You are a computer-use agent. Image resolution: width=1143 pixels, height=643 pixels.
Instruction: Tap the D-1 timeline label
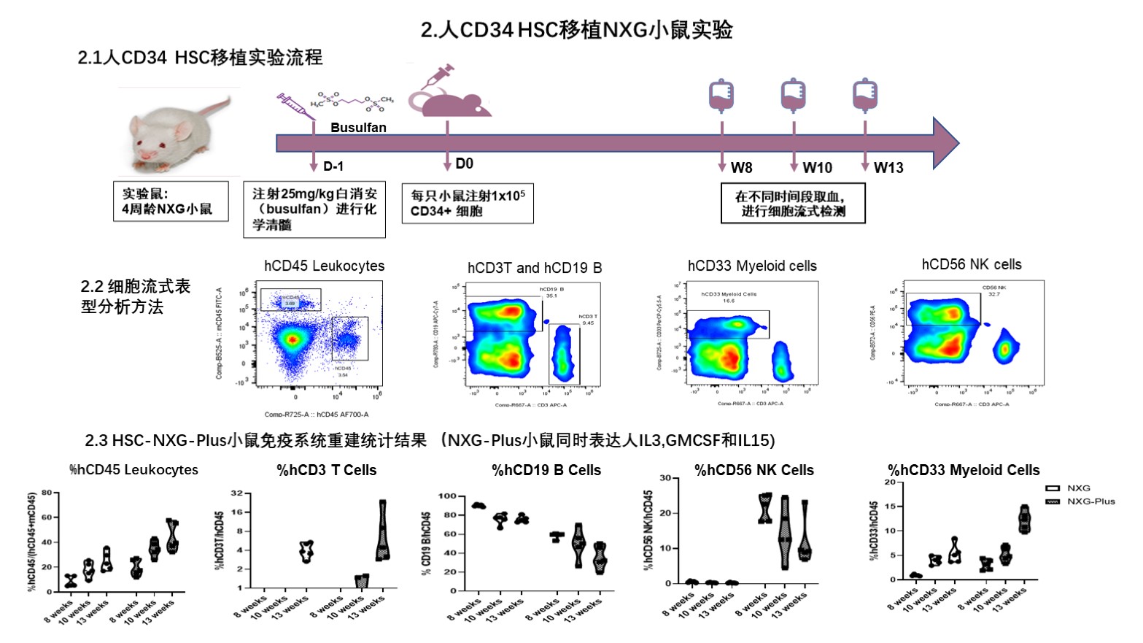click(333, 166)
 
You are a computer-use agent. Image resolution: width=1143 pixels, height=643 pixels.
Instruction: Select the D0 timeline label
click(464, 163)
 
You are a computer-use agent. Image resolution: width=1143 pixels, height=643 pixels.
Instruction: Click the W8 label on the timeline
click(741, 168)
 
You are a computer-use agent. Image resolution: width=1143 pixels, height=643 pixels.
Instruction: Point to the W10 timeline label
click(817, 168)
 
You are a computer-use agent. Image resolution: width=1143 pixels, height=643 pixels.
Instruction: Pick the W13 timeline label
click(888, 168)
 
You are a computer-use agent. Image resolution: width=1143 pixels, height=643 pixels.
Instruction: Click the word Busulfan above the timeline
click(358, 128)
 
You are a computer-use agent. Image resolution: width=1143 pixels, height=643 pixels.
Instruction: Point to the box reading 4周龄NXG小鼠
click(171, 201)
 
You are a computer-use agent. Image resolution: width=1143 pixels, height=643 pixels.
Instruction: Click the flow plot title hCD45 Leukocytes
click(324, 266)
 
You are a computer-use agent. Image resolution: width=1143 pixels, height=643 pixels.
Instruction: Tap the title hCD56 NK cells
click(972, 265)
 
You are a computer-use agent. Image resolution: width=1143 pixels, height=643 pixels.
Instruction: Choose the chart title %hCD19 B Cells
click(546, 471)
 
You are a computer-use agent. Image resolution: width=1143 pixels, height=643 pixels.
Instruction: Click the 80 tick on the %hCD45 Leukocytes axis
click(47, 493)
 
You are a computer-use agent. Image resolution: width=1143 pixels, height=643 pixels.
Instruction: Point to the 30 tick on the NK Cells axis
click(665, 478)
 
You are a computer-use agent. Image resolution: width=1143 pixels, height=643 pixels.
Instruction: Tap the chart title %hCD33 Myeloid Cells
click(964, 471)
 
